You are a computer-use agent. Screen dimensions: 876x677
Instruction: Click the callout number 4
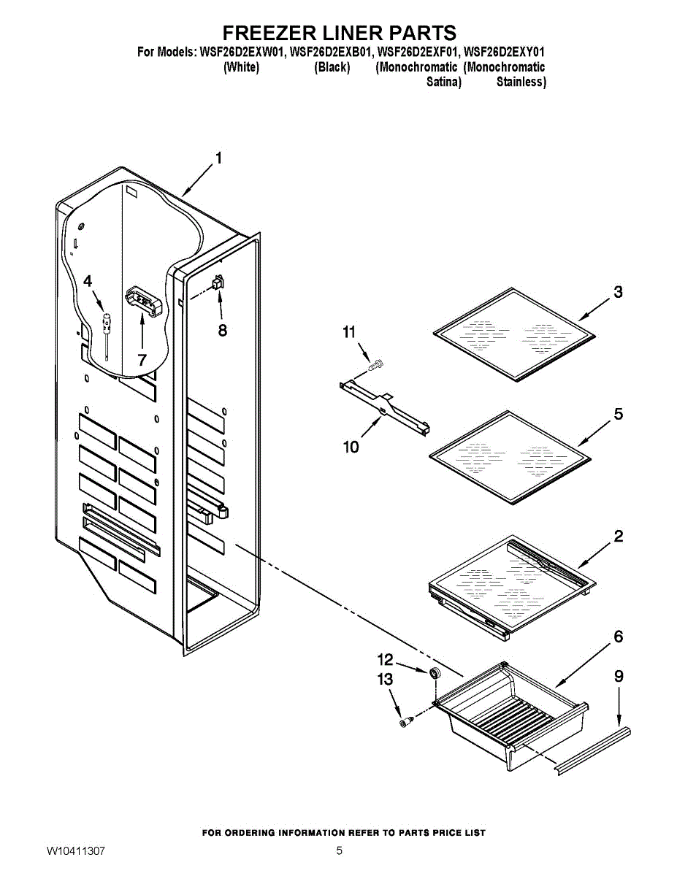coord(88,281)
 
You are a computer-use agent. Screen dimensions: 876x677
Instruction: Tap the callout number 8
coord(222,330)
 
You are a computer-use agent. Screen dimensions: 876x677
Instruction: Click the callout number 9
coord(619,677)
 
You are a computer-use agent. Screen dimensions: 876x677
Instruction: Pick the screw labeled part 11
coord(378,364)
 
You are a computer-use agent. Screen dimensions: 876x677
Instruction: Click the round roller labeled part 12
coord(436,672)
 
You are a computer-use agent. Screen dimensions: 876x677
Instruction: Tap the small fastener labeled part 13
coord(405,722)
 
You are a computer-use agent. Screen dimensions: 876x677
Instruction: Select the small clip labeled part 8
coord(218,282)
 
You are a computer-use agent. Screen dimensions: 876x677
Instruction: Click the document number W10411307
coord(76,851)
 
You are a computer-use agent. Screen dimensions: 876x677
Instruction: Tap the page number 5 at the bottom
coord(339,851)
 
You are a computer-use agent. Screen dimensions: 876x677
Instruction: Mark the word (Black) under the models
coord(332,68)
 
